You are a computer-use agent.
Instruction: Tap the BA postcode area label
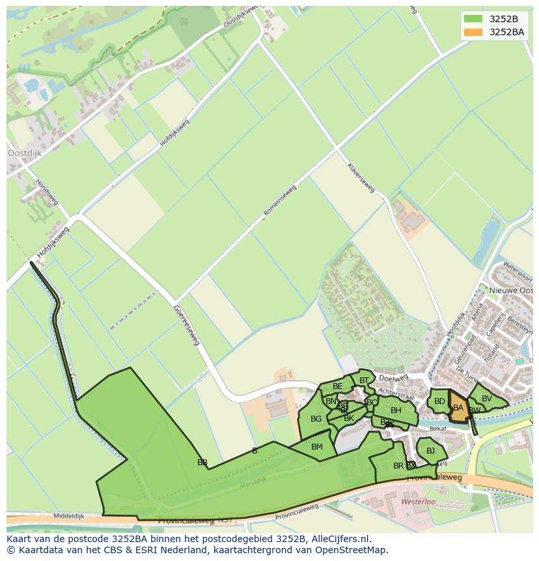(x=458, y=408)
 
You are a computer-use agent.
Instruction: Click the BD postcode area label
(x=439, y=401)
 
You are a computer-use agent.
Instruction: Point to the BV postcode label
(x=487, y=399)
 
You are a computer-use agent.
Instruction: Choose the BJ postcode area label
(x=430, y=450)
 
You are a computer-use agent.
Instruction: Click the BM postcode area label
(x=317, y=446)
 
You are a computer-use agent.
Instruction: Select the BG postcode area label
(x=316, y=419)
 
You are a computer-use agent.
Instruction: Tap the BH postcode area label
(x=396, y=410)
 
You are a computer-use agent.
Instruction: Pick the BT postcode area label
(x=364, y=381)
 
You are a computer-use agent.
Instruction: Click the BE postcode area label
(x=337, y=386)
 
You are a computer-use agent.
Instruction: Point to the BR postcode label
(x=398, y=466)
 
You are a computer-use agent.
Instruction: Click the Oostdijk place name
(x=24, y=153)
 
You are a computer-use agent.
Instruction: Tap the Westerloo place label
(x=418, y=502)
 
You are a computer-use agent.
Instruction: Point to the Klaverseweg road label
(x=361, y=178)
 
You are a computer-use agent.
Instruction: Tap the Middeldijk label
(x=69, y=515)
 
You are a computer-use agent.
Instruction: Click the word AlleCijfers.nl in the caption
(x=339, y=539)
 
